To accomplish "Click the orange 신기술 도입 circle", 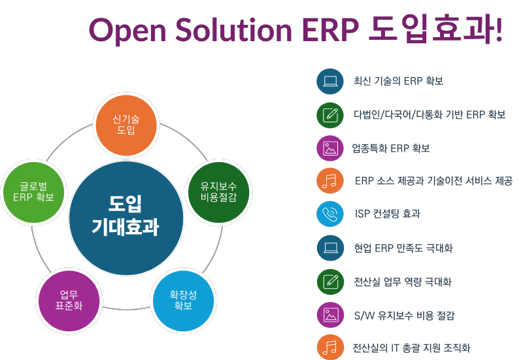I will (126, 124).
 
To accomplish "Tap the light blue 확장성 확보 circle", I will (183, 300).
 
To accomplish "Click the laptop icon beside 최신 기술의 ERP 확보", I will (330, 82).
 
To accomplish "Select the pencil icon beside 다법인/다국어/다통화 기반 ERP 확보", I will (330, 115).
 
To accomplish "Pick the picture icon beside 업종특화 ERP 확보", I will (330, 148).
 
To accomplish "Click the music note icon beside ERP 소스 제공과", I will (330, 181).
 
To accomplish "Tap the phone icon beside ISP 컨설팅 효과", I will (330, 214).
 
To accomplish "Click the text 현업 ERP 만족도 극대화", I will (403, 248).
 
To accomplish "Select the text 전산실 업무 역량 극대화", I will (403, 282).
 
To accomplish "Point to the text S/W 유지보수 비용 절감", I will (404, 315).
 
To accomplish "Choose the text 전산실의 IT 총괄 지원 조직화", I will (411, 348).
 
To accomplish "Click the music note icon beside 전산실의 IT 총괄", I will (330, 348).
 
